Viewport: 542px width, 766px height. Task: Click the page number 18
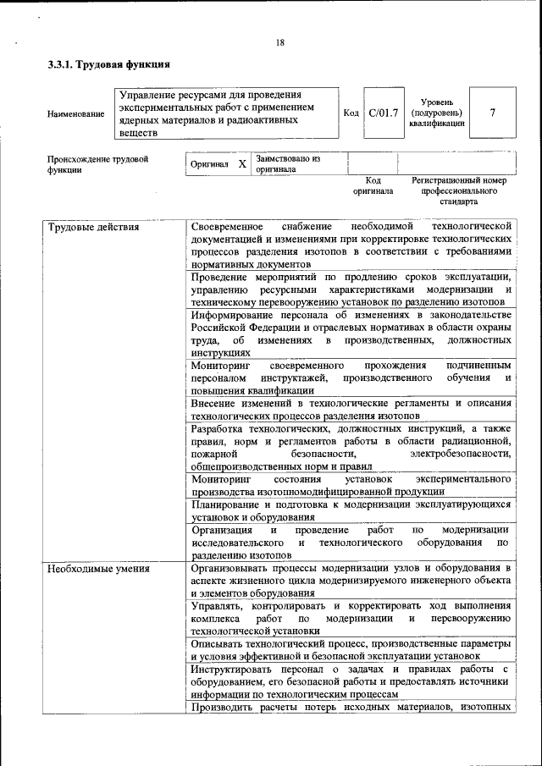[279, 43]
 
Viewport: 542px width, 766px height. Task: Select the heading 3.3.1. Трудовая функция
[109, 64]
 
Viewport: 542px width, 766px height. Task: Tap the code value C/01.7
[383, 113]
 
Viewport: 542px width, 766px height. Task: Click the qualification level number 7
[492, 113]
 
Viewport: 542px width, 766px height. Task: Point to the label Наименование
[76, 113]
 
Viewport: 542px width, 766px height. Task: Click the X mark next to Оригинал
[241, 163]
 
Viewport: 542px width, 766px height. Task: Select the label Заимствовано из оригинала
[288, 163]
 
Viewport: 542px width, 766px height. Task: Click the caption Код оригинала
[373, 186]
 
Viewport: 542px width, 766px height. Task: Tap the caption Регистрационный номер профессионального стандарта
[458, 191]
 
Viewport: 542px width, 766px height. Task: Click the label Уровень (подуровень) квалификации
[436, 113]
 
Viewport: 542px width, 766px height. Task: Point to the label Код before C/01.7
[351, 113]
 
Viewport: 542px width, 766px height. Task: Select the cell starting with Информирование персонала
[351, 333]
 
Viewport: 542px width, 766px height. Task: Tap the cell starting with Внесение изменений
[351, 409]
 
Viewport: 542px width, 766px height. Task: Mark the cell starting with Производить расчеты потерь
[351, 708]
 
